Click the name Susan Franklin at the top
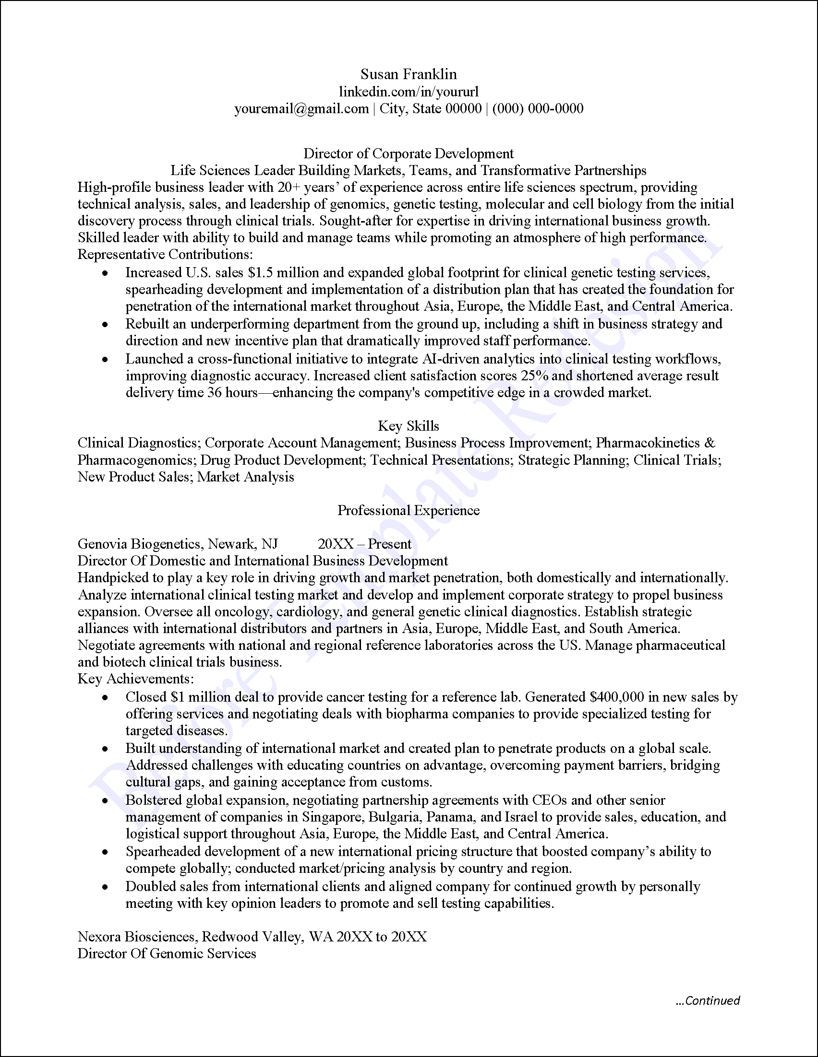click(x=408, y=74)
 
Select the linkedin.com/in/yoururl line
click(x=408, y=92)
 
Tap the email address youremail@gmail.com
click(x=301, y=108)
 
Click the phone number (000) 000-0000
click(x=538, y=108)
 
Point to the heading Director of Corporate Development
click(x=408, y=153)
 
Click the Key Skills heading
click(x=408, y=426)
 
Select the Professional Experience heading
click(x=408, y=510)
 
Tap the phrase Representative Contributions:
click(x=165, y=254)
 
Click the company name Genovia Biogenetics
click(x=141, y=544)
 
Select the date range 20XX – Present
click(x=364, y=544)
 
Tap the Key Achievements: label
click(x=135, y=679)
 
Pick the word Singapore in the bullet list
click(x=333, y=817)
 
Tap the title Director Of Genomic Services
click(x=167, y=953)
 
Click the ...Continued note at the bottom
click(x=708, y=1000)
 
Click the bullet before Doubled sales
click(x=105, y=887)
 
